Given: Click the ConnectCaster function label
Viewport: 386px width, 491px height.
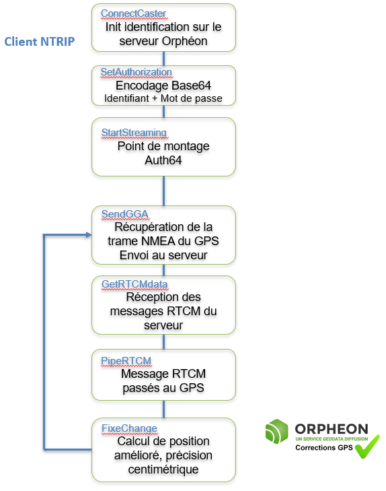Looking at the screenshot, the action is click(133, 13).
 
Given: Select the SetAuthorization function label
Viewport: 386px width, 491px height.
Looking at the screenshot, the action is click(136, 72).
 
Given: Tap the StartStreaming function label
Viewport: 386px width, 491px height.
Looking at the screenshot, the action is click(134, 133).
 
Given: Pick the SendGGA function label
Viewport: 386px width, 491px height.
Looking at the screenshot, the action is click(124, 214).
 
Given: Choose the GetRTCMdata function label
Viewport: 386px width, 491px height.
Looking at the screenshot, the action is click(134, 284).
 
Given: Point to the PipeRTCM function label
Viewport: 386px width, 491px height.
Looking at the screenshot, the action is click(126, 361).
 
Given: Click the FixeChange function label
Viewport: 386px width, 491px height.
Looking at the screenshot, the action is click(129, 428).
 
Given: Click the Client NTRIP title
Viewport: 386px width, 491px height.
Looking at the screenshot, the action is click(40, 42).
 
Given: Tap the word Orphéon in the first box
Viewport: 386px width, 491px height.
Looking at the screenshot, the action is click(185, 41).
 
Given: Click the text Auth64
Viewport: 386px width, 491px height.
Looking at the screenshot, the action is click(163, 160).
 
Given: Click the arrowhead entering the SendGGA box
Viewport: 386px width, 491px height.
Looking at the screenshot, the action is click(89, 234).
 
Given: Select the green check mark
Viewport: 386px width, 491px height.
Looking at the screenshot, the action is click(368, 447).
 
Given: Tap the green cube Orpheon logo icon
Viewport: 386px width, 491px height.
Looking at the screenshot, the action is click(276, 431).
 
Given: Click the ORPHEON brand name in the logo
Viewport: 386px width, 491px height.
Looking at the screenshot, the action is click(332, 428).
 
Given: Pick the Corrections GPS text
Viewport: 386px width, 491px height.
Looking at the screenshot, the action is click(324, 448).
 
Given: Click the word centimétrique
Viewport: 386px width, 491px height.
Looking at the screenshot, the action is click(163, 469).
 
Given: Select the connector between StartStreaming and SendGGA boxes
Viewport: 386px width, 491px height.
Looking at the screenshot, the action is click(164, 191).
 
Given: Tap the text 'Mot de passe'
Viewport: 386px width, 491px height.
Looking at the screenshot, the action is click(191, 98).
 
